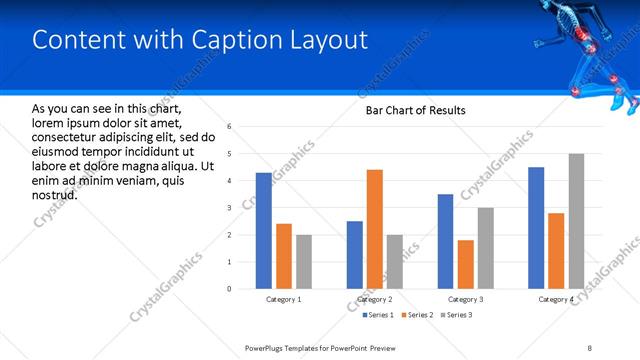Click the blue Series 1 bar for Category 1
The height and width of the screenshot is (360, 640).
[263, 231]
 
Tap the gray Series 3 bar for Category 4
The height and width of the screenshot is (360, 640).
[576, 221]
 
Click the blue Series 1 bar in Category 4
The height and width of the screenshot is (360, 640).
[536, 228]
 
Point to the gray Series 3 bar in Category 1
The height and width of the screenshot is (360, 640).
[303, 262]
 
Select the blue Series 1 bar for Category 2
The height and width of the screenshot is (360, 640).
[355, 255]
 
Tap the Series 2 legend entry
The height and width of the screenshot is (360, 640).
[415, 315]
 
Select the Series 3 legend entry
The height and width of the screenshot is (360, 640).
[456, 315]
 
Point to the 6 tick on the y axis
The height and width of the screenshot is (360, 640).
[230, 127]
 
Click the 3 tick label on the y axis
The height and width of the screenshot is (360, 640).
[230, 208]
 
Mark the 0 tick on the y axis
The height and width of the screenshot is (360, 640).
[230, 289]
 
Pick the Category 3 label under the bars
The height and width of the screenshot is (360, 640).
[465, 300]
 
